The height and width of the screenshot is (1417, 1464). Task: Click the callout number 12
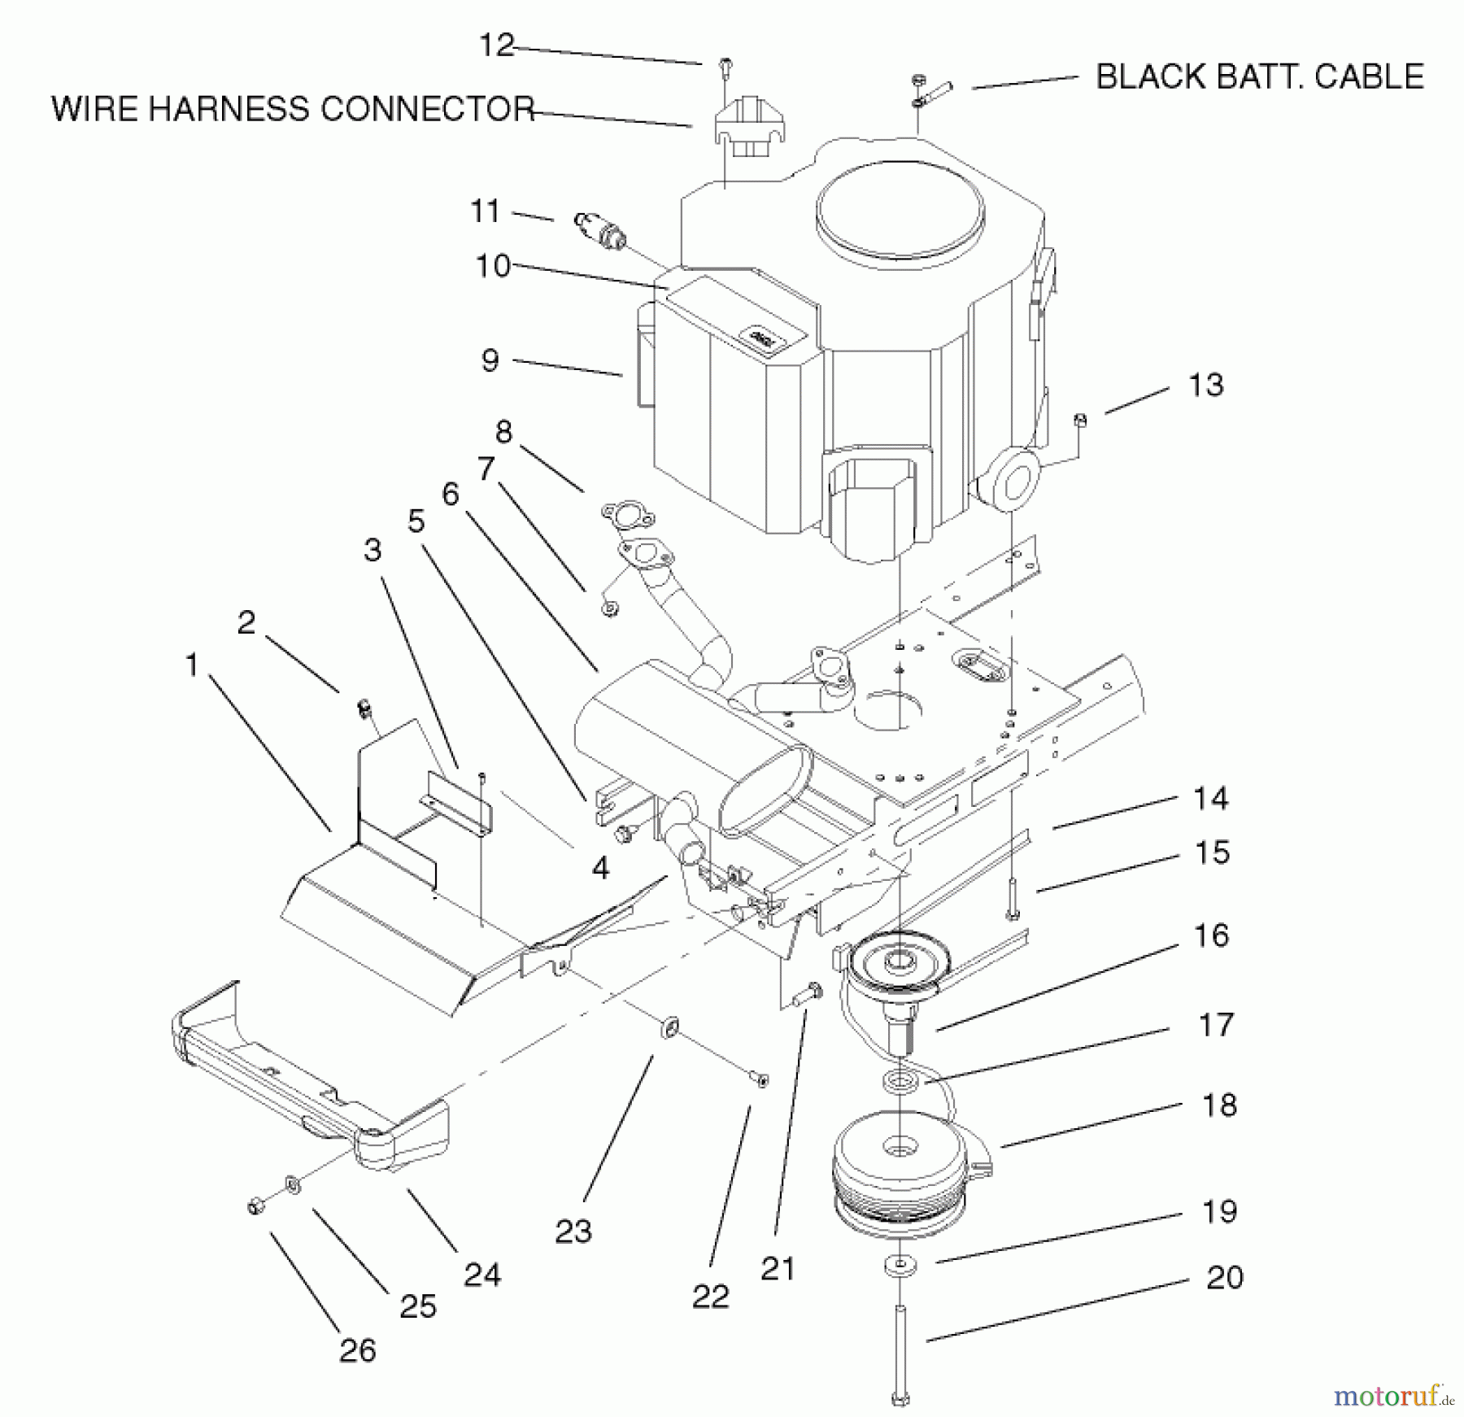[496, 46]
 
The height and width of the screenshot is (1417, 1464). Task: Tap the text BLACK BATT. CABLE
[1260, 77]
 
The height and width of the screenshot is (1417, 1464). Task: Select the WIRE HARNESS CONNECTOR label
[293, 109]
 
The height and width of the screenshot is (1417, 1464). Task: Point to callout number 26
[358, 1351]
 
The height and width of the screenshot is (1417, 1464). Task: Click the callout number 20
[1225, 1278]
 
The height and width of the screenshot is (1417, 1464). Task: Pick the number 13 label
[1205, 385]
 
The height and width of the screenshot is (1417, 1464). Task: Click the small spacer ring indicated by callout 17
[900, 1082]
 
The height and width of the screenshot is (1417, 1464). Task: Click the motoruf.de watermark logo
[1393, 1397]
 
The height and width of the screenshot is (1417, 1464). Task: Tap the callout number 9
[490, 360]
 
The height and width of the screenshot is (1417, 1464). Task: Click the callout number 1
[192, 665]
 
